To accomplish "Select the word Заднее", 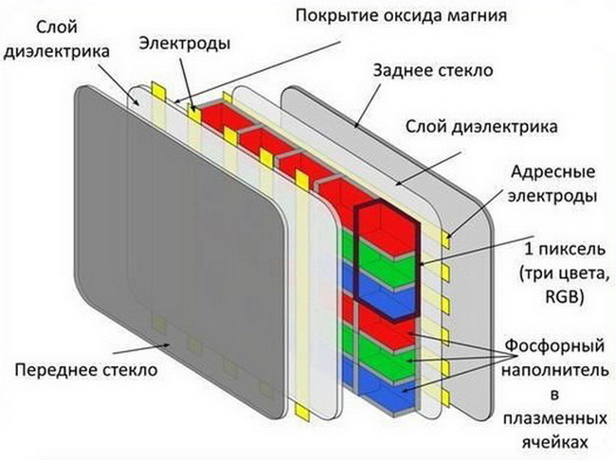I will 406,70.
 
